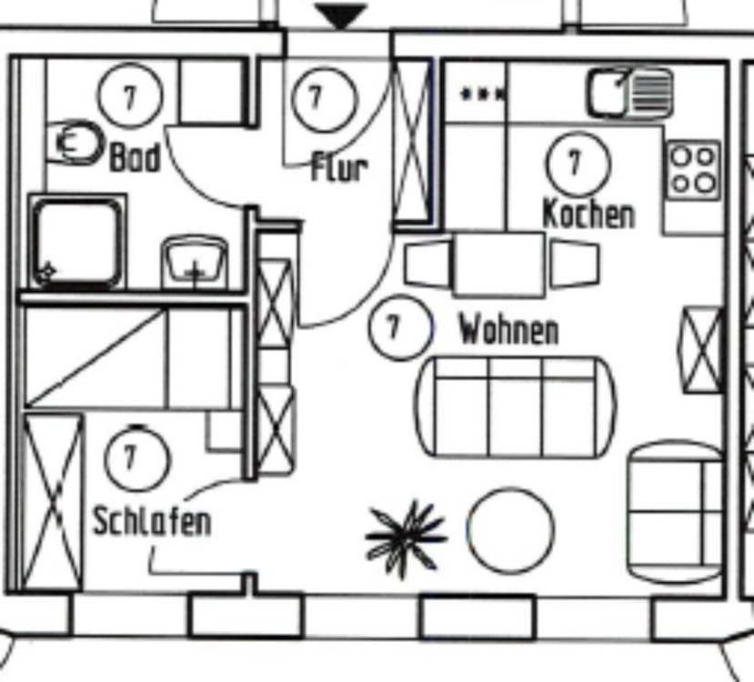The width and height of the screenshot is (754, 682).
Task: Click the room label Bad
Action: pos(135,156)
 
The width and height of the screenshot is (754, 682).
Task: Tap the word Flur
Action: pos(339,167)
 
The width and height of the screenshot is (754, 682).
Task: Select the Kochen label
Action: pos(588,215)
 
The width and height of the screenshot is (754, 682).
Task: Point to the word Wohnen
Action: pos(508,329)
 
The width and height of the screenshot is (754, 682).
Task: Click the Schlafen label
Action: pos(152,521)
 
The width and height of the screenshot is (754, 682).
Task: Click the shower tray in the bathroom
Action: pos(76,241)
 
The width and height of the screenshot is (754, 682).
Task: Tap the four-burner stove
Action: pos(693,170)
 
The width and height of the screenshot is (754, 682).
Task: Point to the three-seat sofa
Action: pos(515,406)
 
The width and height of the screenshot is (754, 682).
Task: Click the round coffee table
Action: pos(510,530)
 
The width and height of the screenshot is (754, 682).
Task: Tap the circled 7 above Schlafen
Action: pos(136,458)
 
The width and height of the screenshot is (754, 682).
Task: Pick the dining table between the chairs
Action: pos(499,265)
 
